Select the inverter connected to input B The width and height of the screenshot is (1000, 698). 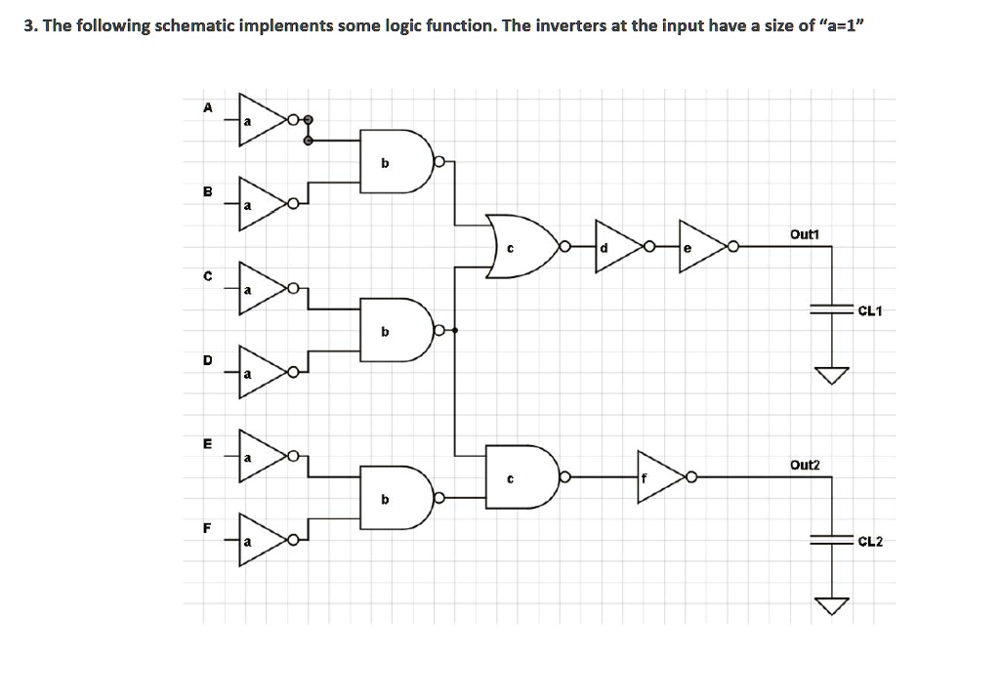pyautogui.click(x=261, y=204)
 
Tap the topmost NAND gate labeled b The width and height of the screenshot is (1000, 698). pyautogui.click(x=394, y=162)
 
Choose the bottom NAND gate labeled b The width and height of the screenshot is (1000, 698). pyautogui.click(x=394, y=498)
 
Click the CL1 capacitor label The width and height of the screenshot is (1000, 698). pyautogui.click(x=869, y=311)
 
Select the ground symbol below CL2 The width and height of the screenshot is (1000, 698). pyautogui.click(x=832, y=605)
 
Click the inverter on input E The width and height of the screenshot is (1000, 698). pyautogui.click(x=261, y=456)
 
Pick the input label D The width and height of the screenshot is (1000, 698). pyautogui.click(x=206, y=359)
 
